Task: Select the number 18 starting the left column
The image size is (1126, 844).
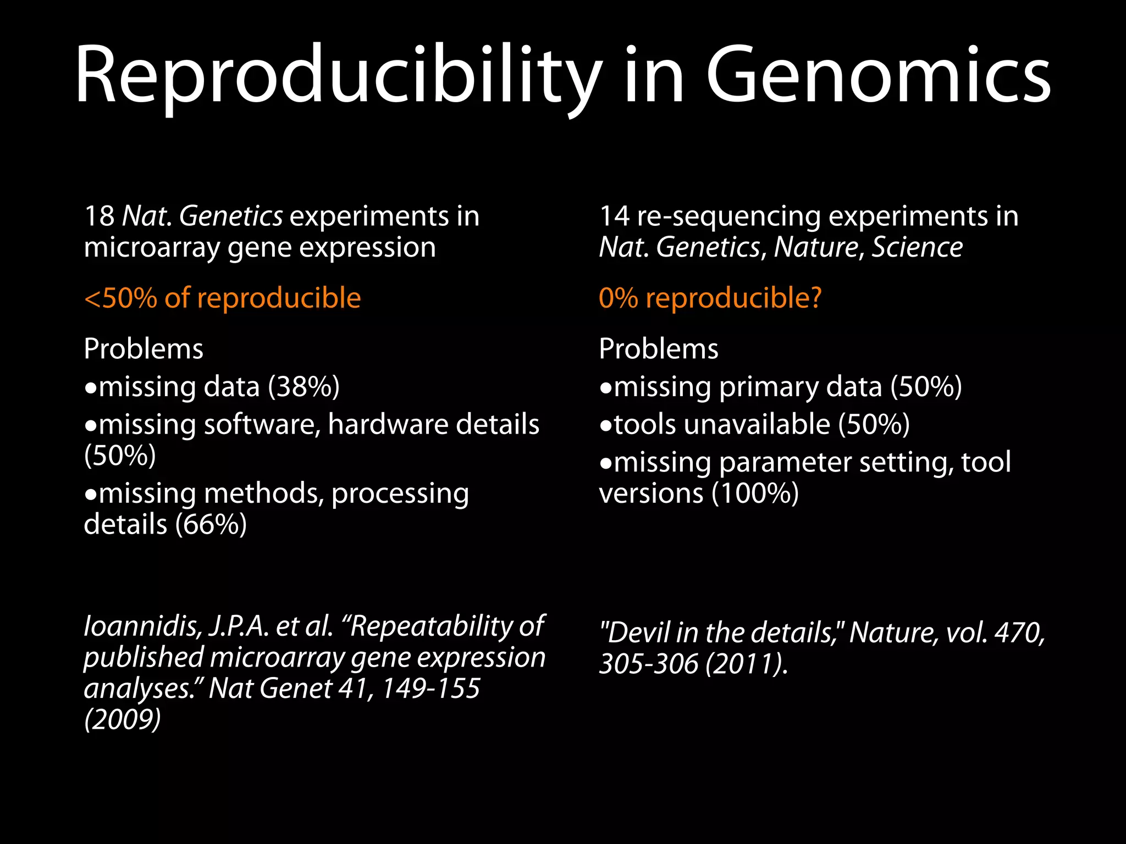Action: coord(99,216)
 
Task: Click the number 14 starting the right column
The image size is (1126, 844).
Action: coord(614,216)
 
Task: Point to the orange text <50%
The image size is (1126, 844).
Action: coord(120,298)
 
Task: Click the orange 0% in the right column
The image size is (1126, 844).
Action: coord(618,298)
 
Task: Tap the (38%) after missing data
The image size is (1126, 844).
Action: coord(303,387)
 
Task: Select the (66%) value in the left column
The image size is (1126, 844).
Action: coord(211,524)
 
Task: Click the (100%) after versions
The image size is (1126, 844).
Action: coord(755,493)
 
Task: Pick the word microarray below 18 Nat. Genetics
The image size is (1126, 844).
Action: coord(152,248)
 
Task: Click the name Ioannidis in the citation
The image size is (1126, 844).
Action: coord(142,626)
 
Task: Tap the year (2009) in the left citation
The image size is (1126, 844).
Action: coord(123,719)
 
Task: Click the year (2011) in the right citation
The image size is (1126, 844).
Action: coord(747,664)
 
